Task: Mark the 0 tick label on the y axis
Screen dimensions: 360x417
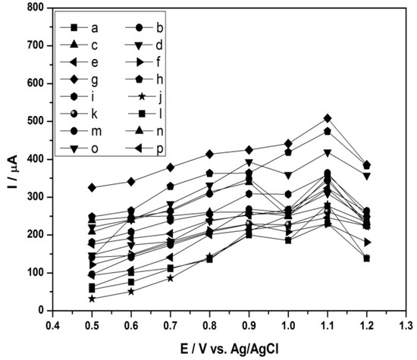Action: (x=34, y=311)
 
